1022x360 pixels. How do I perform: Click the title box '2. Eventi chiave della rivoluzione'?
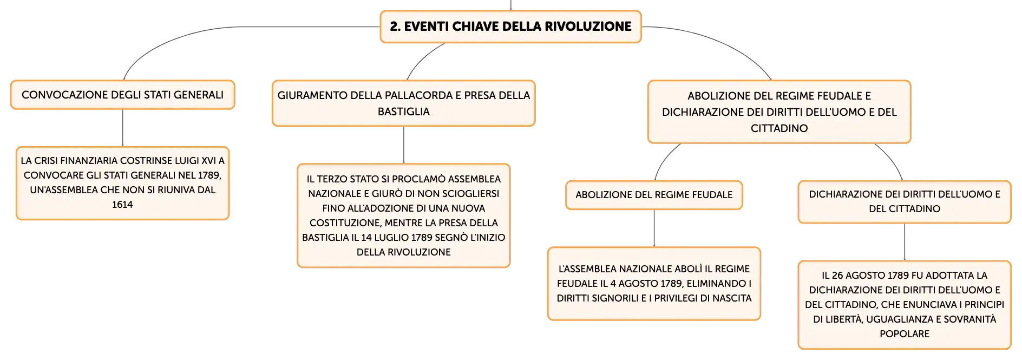(x=510, y=27)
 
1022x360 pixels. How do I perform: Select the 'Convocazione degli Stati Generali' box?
(x=122, y=95)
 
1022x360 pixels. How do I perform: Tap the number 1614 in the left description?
(x=122, y=205)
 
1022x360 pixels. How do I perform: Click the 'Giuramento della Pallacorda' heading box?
(x=403, y=103)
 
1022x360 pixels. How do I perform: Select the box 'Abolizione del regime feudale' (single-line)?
(x=654, y=195)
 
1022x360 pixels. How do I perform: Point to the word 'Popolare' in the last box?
(x=905, y=334)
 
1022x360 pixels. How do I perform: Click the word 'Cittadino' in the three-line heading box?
(x=779, y=128)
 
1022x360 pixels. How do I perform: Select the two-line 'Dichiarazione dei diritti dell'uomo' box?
(x=905, y=202)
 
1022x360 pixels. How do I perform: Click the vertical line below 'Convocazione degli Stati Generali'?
(x=123, y=128)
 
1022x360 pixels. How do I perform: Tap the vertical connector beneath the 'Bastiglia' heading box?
(x=404, y=145)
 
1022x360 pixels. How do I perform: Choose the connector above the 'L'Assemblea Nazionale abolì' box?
(x=654, y=228)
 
